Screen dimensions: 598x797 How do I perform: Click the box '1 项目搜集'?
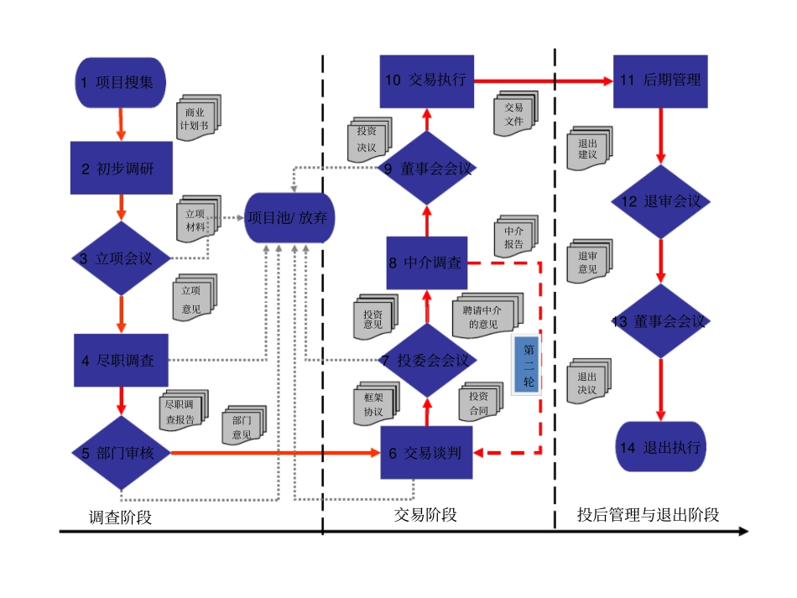[x=122, y=82]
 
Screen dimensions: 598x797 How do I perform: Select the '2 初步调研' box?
[x=122, y=168]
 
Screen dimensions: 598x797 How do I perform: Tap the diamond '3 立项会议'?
[x=122, y=258]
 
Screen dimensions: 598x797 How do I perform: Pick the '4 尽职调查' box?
[x=122, y=361]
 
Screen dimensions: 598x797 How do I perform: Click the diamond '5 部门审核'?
[x=122, y=453]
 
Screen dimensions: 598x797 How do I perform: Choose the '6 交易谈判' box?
[x=427, y=453]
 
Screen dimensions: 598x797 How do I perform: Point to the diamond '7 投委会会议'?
[x=427, y=361]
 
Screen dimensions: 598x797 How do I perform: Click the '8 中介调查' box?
[x=427, y=263]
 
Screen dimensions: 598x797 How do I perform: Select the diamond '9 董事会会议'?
[x=427, y=169]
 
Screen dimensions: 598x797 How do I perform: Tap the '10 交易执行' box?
[x=427, y=81]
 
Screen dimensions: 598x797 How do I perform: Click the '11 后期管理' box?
[x=660, y=81]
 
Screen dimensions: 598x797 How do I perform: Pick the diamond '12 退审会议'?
[x=660, y=202]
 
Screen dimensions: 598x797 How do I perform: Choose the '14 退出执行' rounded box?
[x=660, y=447]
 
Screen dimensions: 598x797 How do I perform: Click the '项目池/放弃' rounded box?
[x=290, y=218]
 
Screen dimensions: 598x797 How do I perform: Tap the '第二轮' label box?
[x=529, y=365]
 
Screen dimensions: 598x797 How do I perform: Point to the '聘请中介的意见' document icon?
[x=487, y=315]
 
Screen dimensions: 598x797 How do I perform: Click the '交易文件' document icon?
[x=515, y=114]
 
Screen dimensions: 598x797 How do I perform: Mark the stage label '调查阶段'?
[x=120, y=517]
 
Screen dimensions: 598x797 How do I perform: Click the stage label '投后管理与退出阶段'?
[x=648, y=515]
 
